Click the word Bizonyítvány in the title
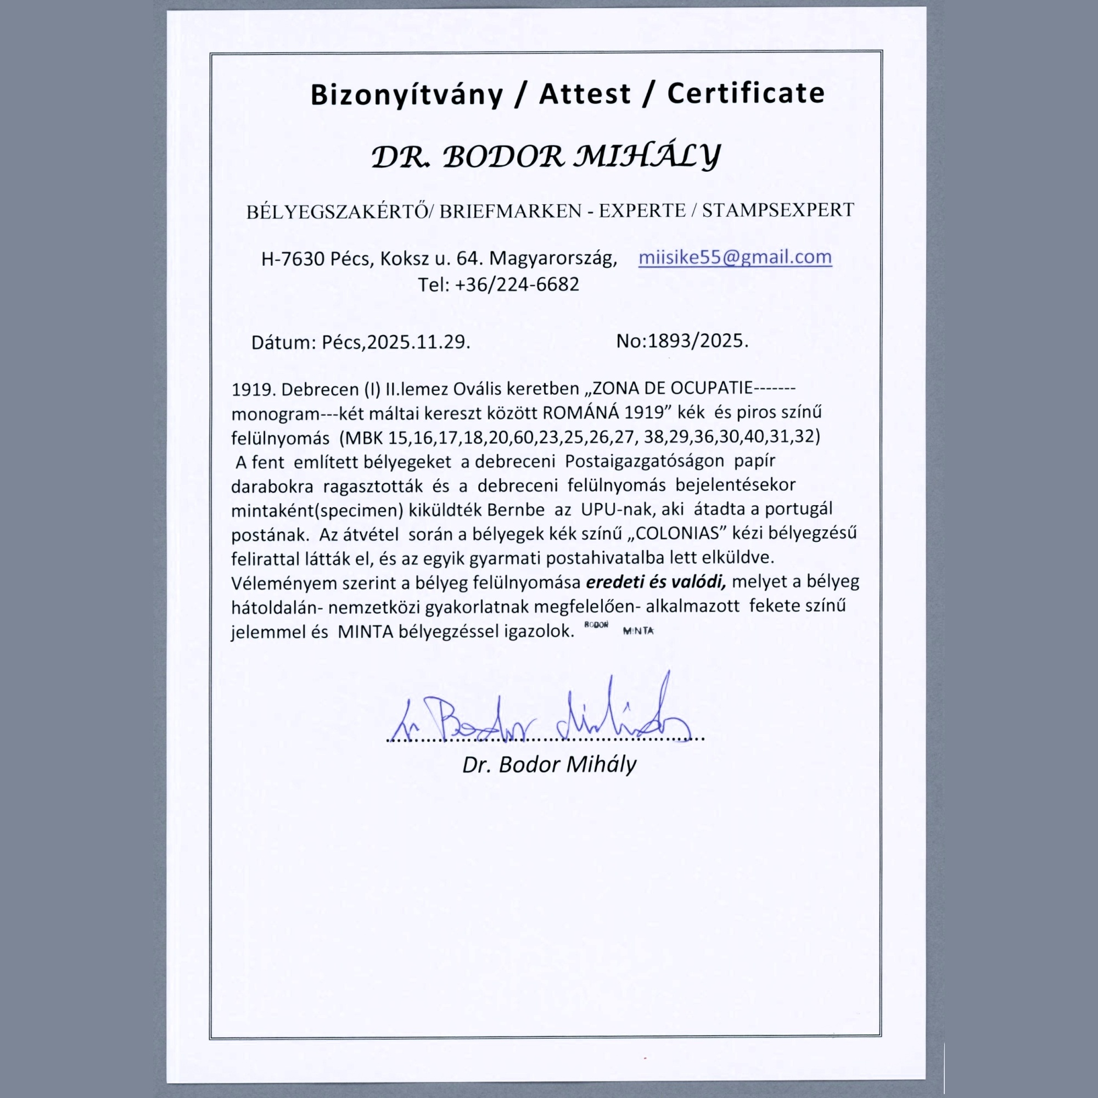click(x=406, y=94)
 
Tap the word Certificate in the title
click(x=746, y=93)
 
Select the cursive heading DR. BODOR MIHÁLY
click(x=546, y=156)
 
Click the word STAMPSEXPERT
click(x=778, y=210)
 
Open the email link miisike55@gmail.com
click(x=735, y=257)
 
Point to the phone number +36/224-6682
click(x=517, y=284)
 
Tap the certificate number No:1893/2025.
click(x=682, y=341)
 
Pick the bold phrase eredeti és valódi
click(x=656, y=582)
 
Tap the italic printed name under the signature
click(x=549, y=764)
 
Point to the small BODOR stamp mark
click(x=596, y=625)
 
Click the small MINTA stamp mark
click(x=638, y=631)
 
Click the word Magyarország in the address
click(x=553, y=259)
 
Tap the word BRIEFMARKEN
click(x=511, y=211)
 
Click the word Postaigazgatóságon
click(x=645, y=461)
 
